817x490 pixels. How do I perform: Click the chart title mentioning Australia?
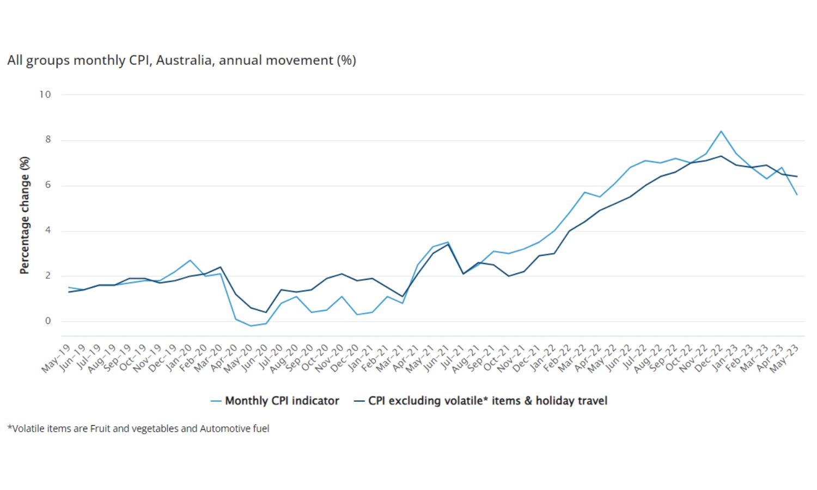[181, 60]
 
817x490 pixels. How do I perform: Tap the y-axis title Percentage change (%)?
[25, 215]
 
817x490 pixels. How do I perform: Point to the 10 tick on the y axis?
[45, 94]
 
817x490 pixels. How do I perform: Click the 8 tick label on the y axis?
[48, 139]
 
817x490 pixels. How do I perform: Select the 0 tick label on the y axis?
[48, 321]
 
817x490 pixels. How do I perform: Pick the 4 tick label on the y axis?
[48, 230]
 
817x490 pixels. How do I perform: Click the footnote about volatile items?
[138, 428]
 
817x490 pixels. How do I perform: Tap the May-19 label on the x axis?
[57, 358]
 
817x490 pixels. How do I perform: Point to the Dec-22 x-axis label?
[709, 358]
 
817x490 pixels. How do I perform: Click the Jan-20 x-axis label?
[178, 358]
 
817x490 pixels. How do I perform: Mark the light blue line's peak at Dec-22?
[721, 131]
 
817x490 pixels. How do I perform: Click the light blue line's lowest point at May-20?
[251, 326]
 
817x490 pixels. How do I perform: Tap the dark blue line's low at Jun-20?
[266, 312]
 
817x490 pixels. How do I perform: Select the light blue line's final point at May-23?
[797, 194]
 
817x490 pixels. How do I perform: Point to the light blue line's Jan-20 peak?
[190, 260]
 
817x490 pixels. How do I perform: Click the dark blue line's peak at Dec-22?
[721, 156]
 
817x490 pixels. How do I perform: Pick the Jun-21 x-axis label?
[436, 358]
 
